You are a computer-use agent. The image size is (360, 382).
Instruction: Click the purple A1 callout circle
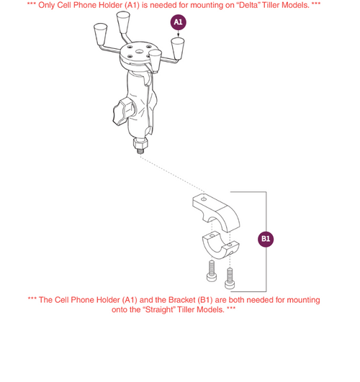(x=179, y=23)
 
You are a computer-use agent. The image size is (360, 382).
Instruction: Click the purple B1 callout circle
(x=266, y=238)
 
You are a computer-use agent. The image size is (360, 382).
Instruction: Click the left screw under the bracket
(x=210, y=272)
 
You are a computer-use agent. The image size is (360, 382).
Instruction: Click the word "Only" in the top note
(x=57, y=5)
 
